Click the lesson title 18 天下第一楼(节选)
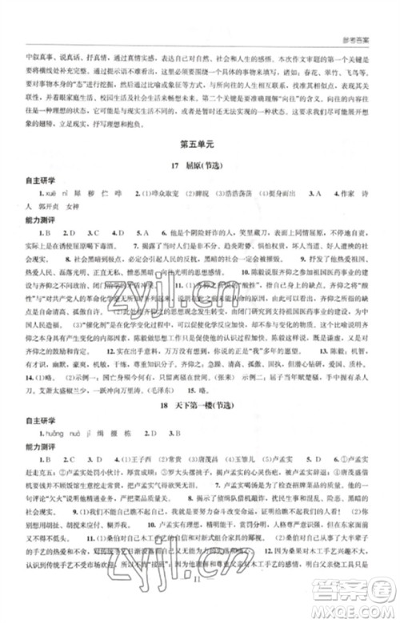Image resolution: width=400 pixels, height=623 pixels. (x=199, y=408)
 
